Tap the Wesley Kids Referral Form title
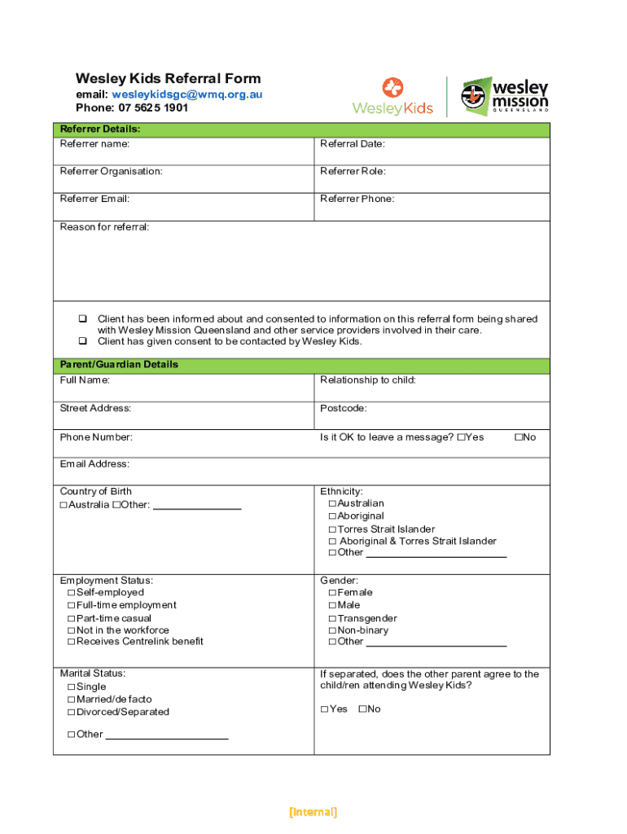169,78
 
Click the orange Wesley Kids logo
392,96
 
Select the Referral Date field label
353,144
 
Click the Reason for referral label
104,226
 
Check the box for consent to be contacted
82,341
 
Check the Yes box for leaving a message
461,437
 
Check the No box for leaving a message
518,437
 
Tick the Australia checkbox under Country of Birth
64,505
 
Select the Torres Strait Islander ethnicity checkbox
332,529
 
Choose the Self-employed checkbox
72,593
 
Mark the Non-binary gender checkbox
332,630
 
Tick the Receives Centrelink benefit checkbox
72,642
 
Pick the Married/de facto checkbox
72,700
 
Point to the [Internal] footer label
313,812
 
